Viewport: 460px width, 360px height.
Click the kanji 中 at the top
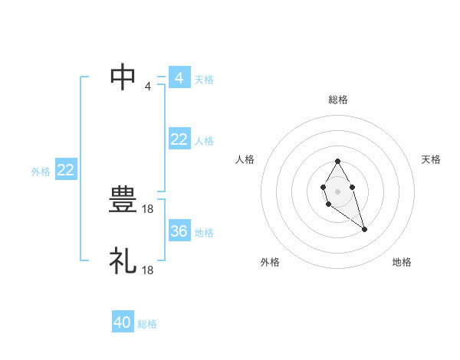click(124, 77)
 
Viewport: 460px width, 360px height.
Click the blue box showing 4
click(179, 78)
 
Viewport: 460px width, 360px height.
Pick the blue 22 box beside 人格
click(179, 139)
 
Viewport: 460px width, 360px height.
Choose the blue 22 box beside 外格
click(65, 171)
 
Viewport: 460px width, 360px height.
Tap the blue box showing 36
click(179, 231)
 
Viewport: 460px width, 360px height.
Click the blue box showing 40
click(123, 322)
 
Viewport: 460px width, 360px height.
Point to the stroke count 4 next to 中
click(148, 86)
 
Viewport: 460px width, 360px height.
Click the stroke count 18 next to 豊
click(149, 208)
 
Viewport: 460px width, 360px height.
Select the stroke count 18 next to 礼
click(149, 270)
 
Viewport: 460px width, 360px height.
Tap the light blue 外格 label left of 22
click(41, 172)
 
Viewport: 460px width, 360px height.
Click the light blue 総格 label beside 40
click(147, 324)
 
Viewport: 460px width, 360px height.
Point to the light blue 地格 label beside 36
click(204, 233)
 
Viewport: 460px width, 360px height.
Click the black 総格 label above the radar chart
click(338, 100)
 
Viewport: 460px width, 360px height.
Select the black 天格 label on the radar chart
click(432, 159)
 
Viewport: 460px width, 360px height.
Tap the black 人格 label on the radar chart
click(245, 159)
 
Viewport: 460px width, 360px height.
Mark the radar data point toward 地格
click(365, 229)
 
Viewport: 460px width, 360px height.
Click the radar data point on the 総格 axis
click(338, 162)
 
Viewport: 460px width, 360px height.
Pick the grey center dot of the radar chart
click(338, 191)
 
